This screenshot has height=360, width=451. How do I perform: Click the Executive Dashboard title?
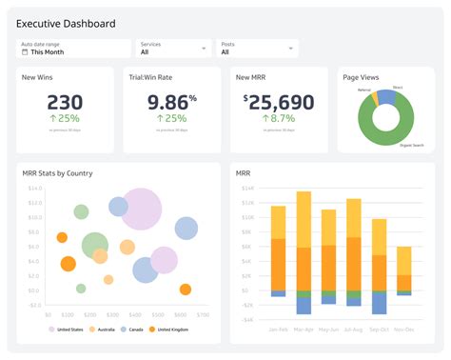(x=66, y=23)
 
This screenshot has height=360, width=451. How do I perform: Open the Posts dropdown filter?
(x=257, y=49)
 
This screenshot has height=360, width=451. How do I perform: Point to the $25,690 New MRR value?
(x=278, y=103)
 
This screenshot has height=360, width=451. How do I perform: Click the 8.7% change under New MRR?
(x=280, y=118)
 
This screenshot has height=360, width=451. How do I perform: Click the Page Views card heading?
(x=362, y=78)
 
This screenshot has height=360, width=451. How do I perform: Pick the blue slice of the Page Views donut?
(x=384, y=96)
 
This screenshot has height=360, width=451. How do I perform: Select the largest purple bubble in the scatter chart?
(x=142, y=209)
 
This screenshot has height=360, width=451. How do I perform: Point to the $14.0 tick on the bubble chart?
(x=34, y=189)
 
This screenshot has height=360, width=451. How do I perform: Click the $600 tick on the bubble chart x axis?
(x=205, y=313)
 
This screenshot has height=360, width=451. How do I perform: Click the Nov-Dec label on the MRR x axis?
(x=404, y=329)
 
